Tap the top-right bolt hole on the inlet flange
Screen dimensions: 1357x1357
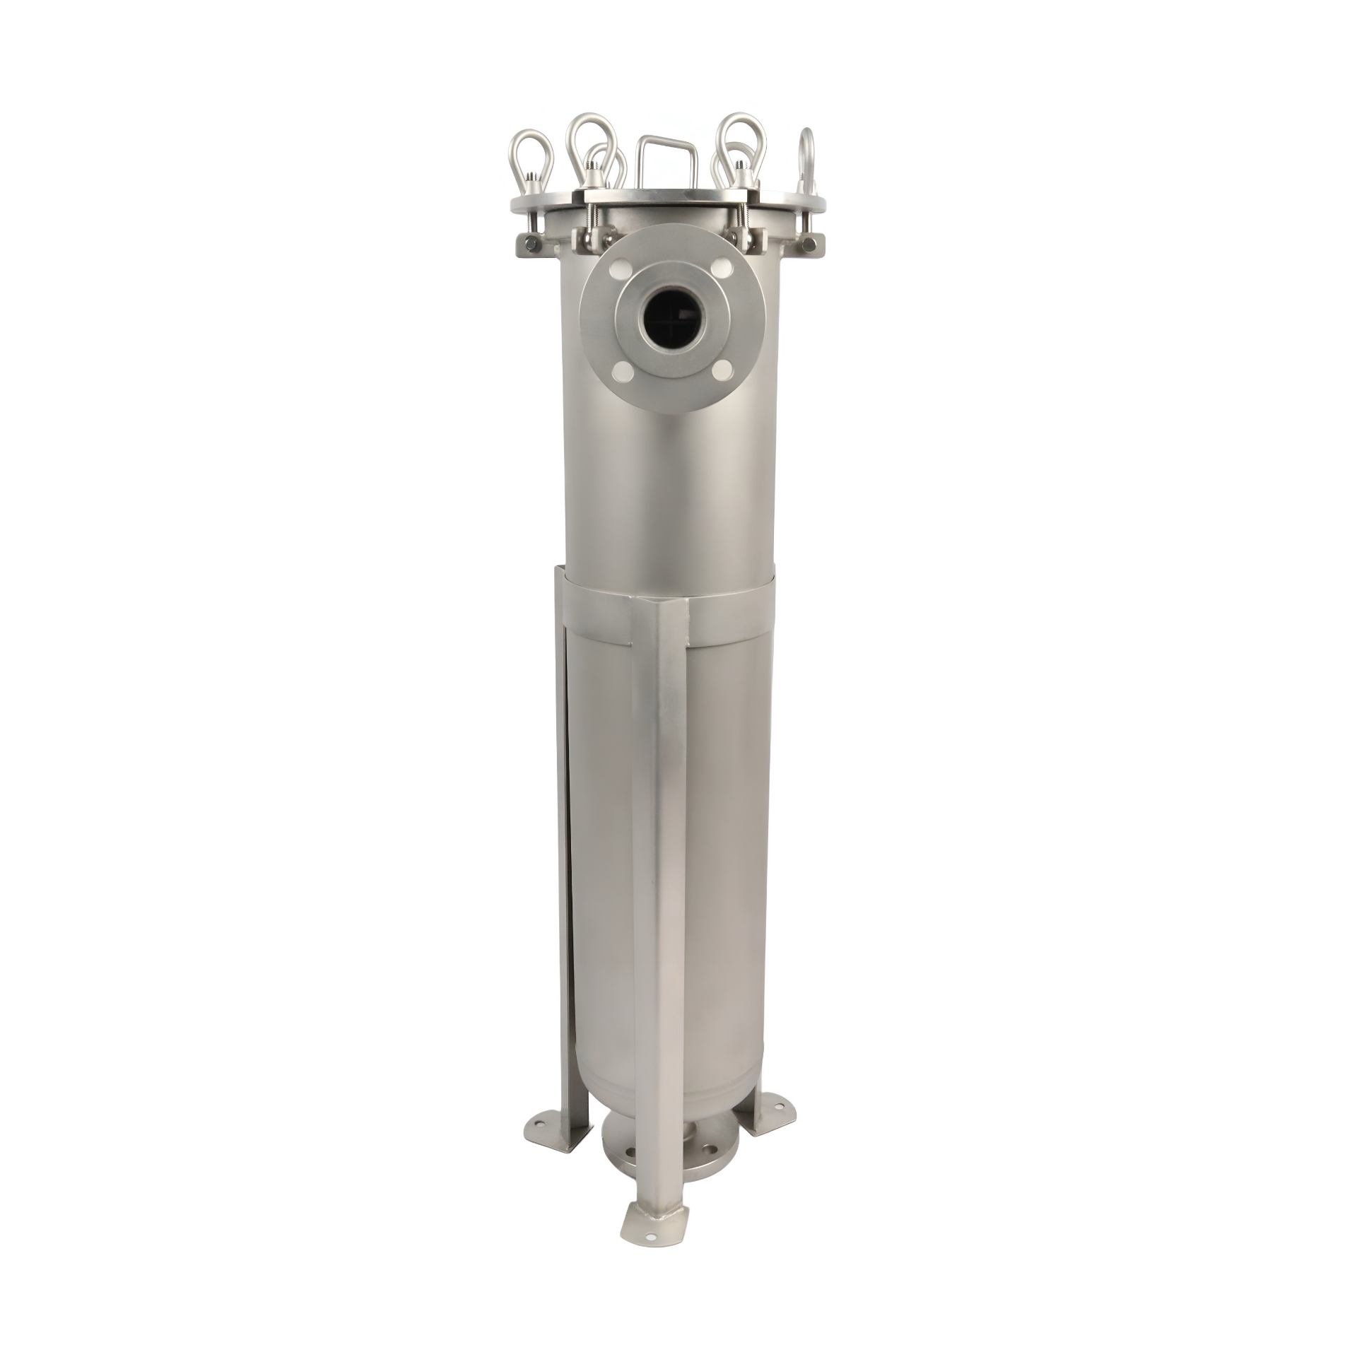tap(719, 269)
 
